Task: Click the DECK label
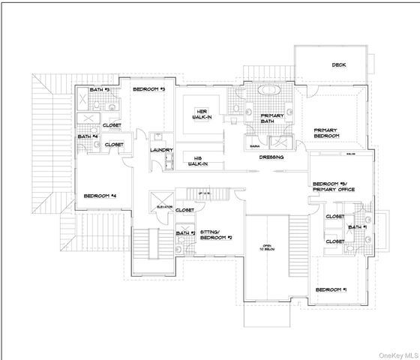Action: pos(339,64)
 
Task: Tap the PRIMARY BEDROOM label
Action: pos(327,133)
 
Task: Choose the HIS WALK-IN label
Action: pos(196,160)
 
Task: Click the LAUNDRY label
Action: pos(161,149)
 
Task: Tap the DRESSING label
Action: pos(271,158)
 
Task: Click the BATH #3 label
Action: pos(100,90)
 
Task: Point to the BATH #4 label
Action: pos(88,136)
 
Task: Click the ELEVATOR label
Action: pos(164,206)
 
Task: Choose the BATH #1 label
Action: pos(356,226)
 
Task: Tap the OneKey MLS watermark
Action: pos(396,354)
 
